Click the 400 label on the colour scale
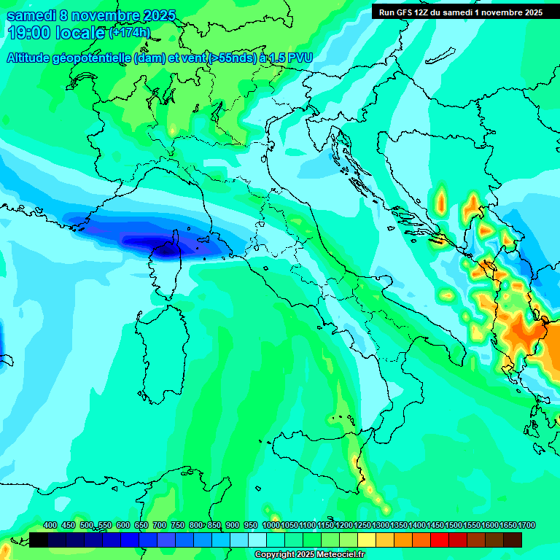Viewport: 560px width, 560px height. pos(50,525)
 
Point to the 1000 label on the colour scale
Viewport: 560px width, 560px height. pos(271,525)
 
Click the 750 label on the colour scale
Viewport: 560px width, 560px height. pos(178,525)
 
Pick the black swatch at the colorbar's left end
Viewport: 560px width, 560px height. pos(39,540)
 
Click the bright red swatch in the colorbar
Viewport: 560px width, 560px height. pos(440,540)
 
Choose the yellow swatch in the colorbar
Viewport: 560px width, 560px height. pos(367,540)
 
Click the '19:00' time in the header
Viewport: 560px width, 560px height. pos(28,33)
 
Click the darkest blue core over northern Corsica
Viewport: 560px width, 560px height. pos(166,249)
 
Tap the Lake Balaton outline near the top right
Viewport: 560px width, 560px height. pos(437,56)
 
